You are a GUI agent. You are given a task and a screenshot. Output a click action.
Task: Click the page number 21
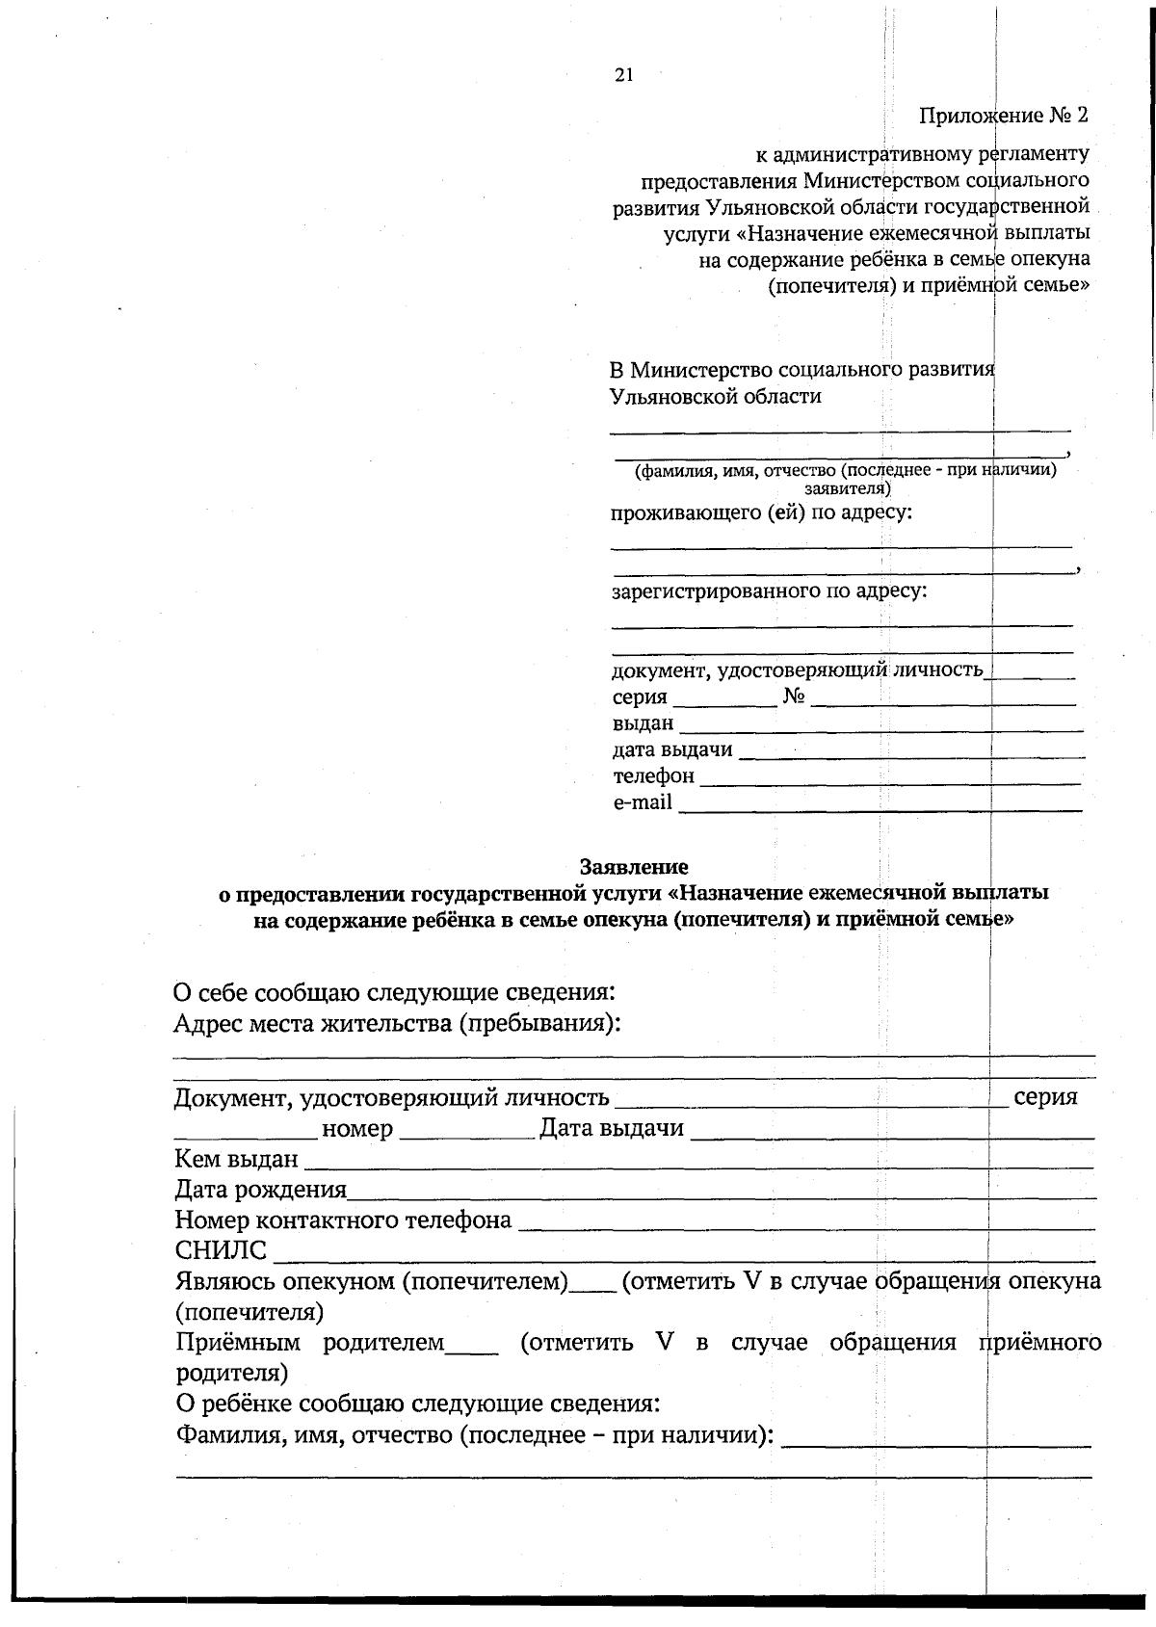(623, 76)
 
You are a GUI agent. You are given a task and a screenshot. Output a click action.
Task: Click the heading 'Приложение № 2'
(1003, 116)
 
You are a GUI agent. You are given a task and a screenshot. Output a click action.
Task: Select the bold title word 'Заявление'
(634, 866)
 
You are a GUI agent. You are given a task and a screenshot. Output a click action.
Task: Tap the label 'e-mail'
(643, 801)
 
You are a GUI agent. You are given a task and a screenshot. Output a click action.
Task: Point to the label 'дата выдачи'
(672, 749)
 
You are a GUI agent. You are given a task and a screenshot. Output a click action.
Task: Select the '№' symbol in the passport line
(794, 696)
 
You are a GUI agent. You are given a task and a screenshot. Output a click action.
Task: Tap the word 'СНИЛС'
(221, 1251)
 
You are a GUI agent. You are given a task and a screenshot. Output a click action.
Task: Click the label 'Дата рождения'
(260, 1190)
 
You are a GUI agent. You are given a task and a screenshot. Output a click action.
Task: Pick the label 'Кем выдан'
(236, 1159)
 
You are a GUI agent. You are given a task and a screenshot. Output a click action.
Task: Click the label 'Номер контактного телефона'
(343, 1220)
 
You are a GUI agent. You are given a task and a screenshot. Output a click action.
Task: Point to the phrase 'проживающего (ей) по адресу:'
(762, 512)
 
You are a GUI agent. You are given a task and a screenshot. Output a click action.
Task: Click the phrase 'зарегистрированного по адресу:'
(770, 590)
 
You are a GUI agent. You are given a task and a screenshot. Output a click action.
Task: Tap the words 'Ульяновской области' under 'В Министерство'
(716, 396)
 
